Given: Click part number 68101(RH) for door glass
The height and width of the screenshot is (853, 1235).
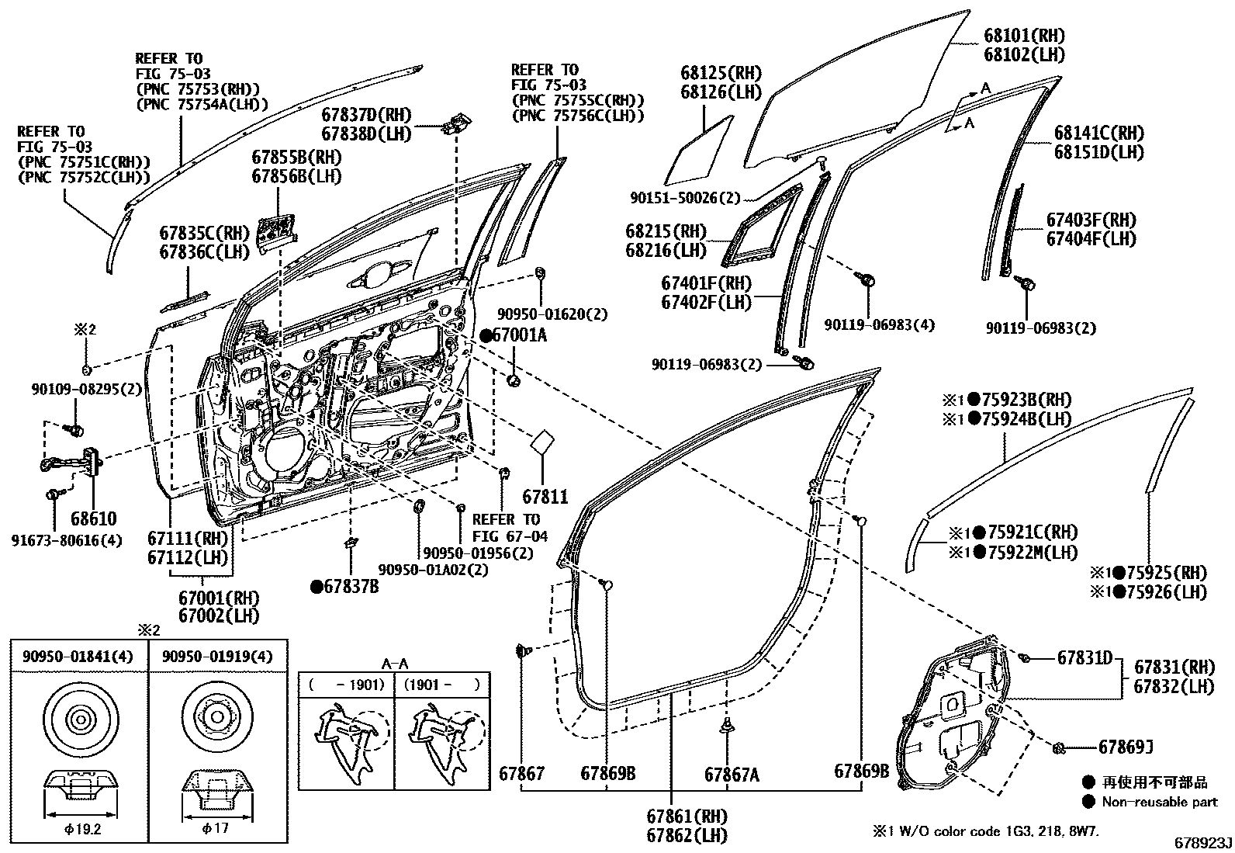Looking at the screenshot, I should (1023, 36).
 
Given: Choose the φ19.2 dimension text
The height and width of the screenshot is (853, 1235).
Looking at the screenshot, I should (79, 828).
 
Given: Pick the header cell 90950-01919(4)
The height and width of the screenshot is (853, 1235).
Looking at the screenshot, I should (217, 657).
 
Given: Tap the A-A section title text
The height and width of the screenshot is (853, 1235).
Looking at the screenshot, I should (394, 664).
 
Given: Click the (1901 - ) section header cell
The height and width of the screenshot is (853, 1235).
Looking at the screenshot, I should (442, 685).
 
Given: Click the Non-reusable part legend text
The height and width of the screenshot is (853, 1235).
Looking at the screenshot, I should (1159, 802).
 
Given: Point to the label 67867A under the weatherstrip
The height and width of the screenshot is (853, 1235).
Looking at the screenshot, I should (732, 774).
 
